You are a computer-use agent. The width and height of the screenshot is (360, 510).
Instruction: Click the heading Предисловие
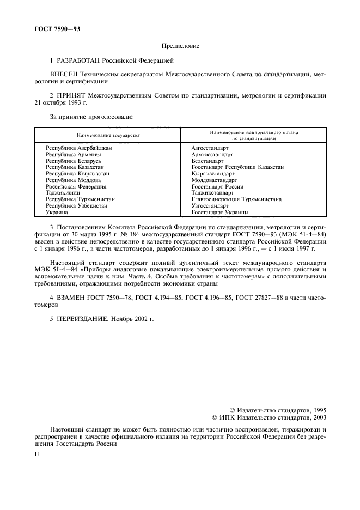point(180,46)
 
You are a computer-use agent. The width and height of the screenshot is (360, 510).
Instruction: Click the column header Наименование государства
point(107,135)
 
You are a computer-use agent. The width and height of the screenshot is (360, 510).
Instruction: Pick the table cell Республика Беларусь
point(74,161)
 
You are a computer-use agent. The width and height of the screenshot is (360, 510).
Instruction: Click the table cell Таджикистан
point(63,193)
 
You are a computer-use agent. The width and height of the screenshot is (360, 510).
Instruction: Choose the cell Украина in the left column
point(57,212)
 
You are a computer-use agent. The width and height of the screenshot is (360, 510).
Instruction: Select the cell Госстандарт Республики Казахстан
point(237,167)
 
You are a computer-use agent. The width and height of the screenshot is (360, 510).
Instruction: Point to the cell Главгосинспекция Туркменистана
point(236,199)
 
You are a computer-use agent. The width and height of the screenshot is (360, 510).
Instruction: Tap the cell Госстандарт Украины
point(220,212)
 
